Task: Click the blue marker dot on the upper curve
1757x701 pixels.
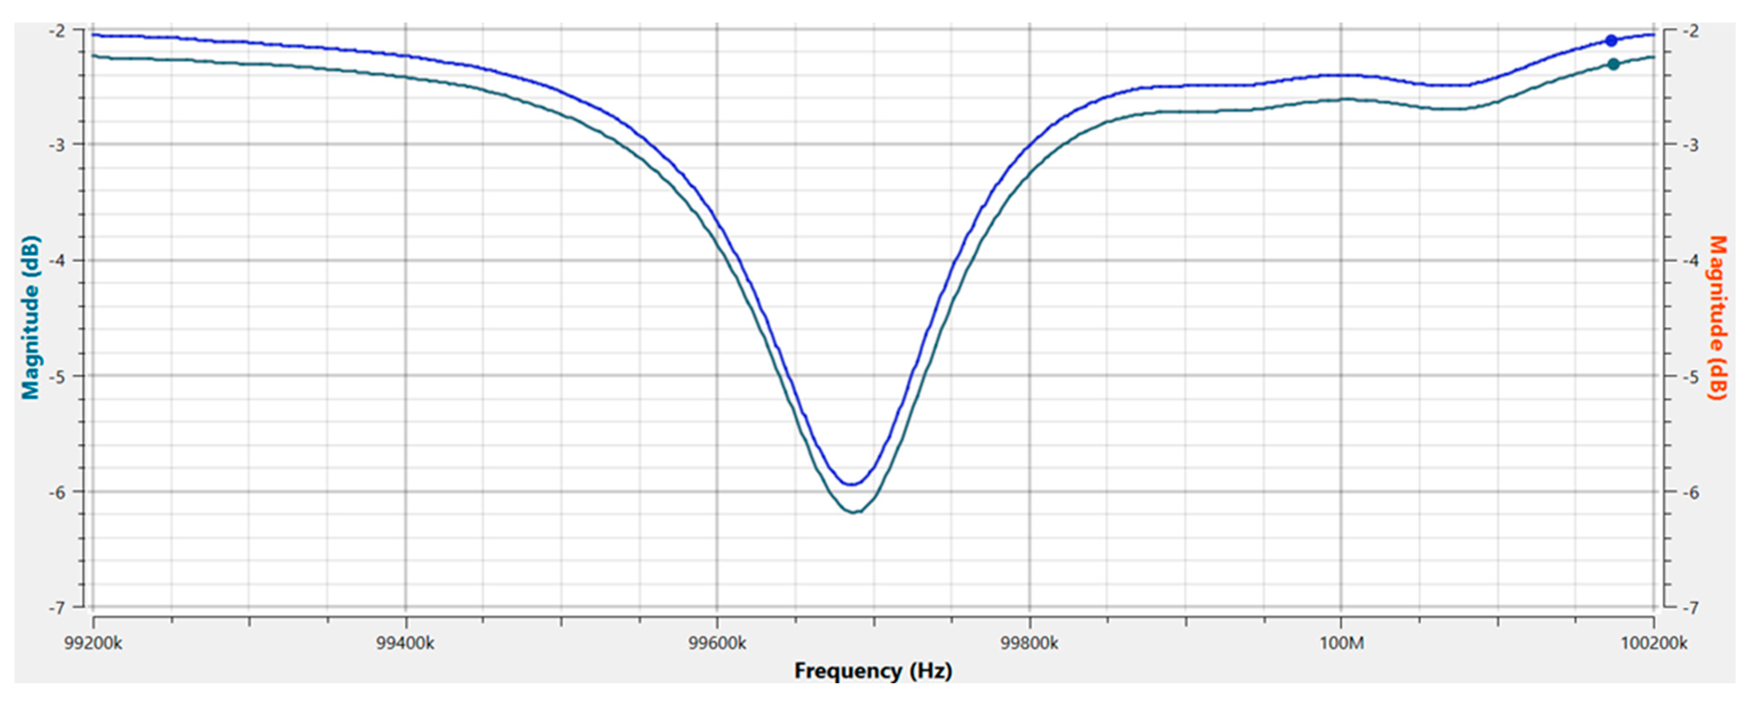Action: (1611, 40)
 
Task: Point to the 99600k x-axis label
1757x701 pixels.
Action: (717, 643)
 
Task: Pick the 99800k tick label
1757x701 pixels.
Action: (1029, 643)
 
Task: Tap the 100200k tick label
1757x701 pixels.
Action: (1653, 643)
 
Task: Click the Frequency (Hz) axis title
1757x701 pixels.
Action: (873, 671)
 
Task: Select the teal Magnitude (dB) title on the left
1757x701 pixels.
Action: (31, 317)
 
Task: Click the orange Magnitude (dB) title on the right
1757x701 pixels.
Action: (1717, 317)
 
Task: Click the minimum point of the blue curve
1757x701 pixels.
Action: (851, 484)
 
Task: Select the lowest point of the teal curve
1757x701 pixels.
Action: (854, 511)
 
